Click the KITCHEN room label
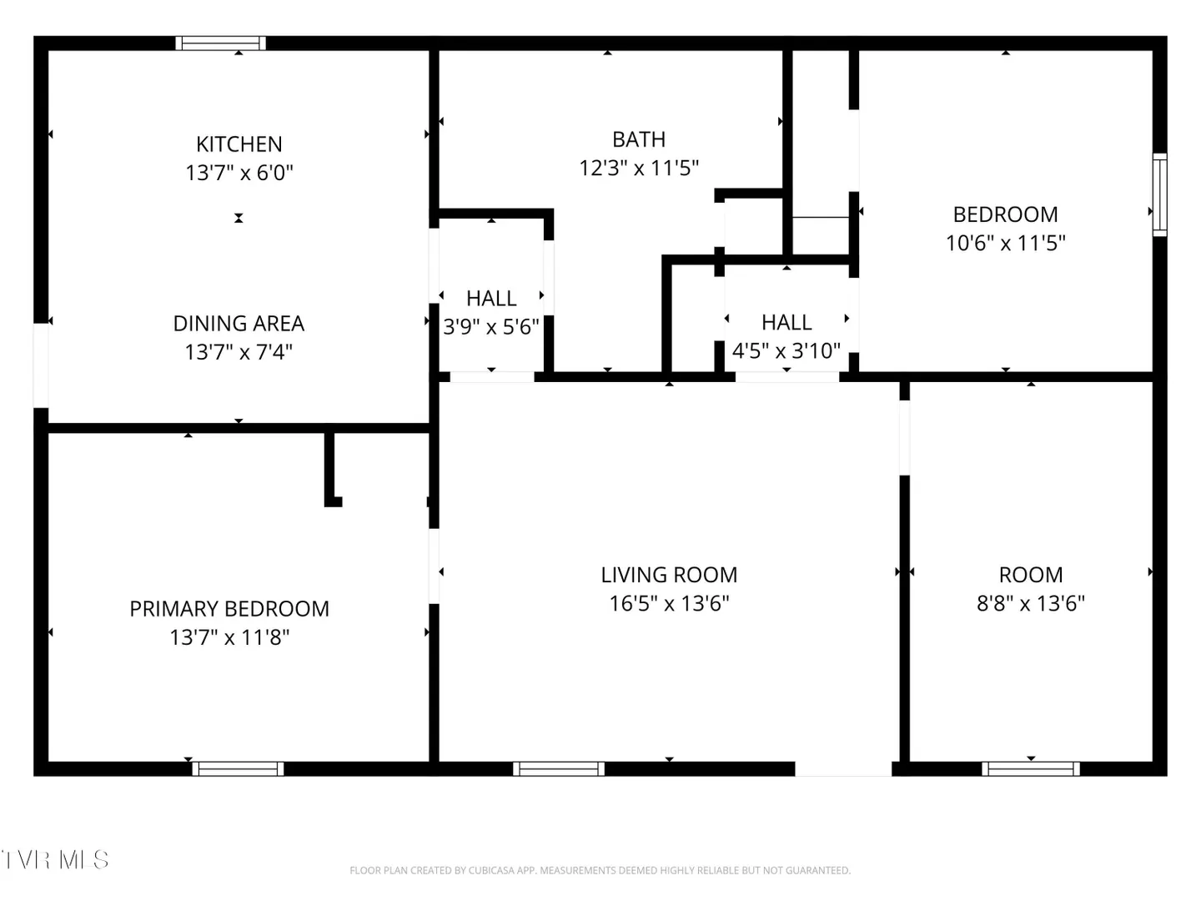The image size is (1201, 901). pyautogui.click(x=239, y=144)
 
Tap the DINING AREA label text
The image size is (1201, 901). pyautogui.click(x=239, y=324)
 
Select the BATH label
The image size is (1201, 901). pyautogui.click(x=639, y=139)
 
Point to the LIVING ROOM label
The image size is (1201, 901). pyautogui.click(x=669, y=575)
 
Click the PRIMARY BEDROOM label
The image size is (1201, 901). pyautogui.click(x=229, y=609)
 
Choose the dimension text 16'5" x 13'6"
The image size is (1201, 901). pyautogui.click(x=669, y=603)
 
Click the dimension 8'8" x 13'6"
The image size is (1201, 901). pyautogui.click(x=1031, y=603)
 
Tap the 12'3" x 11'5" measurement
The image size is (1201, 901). pyautogui.click(x=639, y=168)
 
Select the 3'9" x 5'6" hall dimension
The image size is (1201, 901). pyautogui.click(x=490, y=326)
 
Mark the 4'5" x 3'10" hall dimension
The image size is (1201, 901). pyautogui.click(x=786, y=350)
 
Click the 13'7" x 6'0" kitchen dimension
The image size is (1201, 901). pyautogui.click(x=239, y=173)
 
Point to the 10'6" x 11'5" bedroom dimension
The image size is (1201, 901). pyautogui.click(x=1006, y=243)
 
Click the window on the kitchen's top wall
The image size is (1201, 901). pyautogui.click(x=220, y=43)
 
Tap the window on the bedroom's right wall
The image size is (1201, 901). pyautogui.click(x=1159, y=194)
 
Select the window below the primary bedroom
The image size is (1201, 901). pyautogui.click(x=238, y=768)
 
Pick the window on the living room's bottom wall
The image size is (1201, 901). pyautogui.click(x=559, y=768)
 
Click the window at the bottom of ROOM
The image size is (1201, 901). pyautogui.click(x=1031, y=768)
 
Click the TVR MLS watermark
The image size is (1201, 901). pyautogui.click(x=55, y=860)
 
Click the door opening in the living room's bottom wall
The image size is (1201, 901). pyautogui.click(x=843, y=768)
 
